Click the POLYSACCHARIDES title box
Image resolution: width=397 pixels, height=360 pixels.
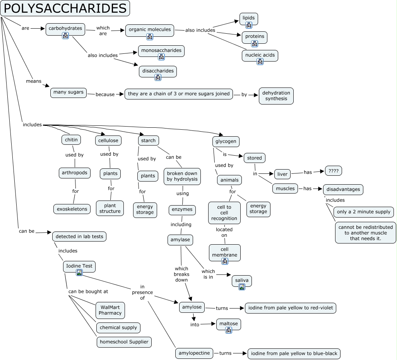click(x=65, y=8)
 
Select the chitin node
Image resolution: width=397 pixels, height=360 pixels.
click(x=71, y=140)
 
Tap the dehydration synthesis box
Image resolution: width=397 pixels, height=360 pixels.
click(x=276, y=96)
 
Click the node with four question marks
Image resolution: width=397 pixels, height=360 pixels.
click(x=333, y=171)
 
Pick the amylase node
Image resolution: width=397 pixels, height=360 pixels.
click(x=180, y=240)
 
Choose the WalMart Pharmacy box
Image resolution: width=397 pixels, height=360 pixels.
click(x=110, y=310)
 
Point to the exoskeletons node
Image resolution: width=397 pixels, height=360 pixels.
click(x=72, y=209)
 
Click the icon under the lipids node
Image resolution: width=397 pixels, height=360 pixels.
click(x=249, y=25)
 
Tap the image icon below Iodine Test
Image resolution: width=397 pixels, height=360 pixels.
click(x=79, y=273)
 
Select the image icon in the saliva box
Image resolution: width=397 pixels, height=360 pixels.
click(x=242, y=287)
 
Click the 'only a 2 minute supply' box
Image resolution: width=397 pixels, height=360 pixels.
click(x=364, y=212)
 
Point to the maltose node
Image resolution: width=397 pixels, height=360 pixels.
click(x=229, y=323)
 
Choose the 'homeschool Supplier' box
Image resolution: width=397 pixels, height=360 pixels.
click(x=124, y=342)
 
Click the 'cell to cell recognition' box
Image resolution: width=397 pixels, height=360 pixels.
click(x=224, y=213)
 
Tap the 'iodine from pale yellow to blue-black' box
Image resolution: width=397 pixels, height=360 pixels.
click(x=294, y=353)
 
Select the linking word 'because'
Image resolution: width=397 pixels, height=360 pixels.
click(x=105, y=94)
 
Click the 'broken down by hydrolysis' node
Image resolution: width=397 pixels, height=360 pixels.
click(x=182, y=176)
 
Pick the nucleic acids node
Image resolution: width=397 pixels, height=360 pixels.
click(x=260, y=55)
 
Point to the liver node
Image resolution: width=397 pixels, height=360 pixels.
click(x=282, y=174)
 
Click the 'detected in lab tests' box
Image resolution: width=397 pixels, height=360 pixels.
click(x=79, y=236)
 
